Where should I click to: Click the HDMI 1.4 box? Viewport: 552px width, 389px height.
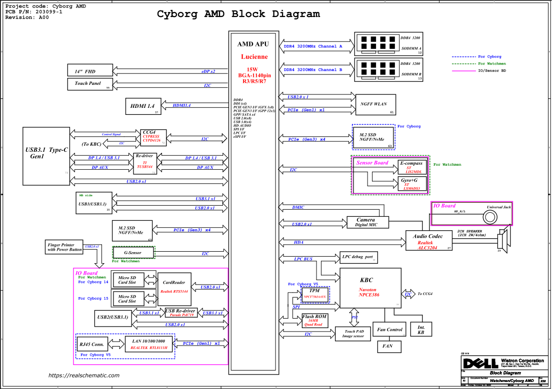click(x=142, y=106)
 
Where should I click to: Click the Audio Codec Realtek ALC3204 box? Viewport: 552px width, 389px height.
click(x=428, y=241)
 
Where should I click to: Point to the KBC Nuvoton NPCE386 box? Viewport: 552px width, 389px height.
click(x=370, y=288)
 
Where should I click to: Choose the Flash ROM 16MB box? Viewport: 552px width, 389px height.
click(x=314, y=320)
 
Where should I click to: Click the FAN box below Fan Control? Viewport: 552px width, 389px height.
click(x=387, y=346)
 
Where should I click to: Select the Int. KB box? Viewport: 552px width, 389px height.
click(x=421, y=330)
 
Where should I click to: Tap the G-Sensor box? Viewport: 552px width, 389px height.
click(x=133, y=253)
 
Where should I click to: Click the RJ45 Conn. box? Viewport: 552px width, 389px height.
click(x=91, y=345)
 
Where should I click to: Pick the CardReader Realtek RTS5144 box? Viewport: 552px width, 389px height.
click(x=174, y=289)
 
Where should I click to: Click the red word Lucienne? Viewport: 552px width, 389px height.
click(x=254, y=57)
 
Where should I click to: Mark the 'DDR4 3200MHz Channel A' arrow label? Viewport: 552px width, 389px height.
click(x=313, y=46)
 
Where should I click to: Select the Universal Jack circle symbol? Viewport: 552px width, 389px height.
click(x=489, y=217)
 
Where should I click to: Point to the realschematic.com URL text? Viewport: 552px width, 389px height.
click(x=84, y=376)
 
